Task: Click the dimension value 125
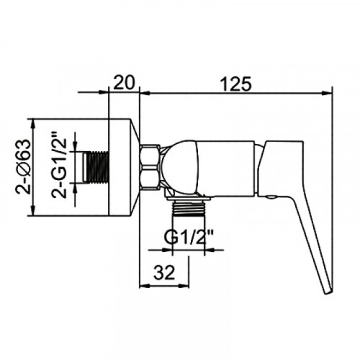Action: click(235, 84)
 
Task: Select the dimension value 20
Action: click(124, 83)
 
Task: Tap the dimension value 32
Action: click(164, 272)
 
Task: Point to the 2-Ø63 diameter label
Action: click(23, 166)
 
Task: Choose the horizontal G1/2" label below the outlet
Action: click(189, 237)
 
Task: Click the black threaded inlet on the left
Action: click(96, 167)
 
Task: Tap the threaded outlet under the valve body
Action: click(189, 208)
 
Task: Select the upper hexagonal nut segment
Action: click(150, 155)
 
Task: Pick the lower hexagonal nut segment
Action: click(150, 178)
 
